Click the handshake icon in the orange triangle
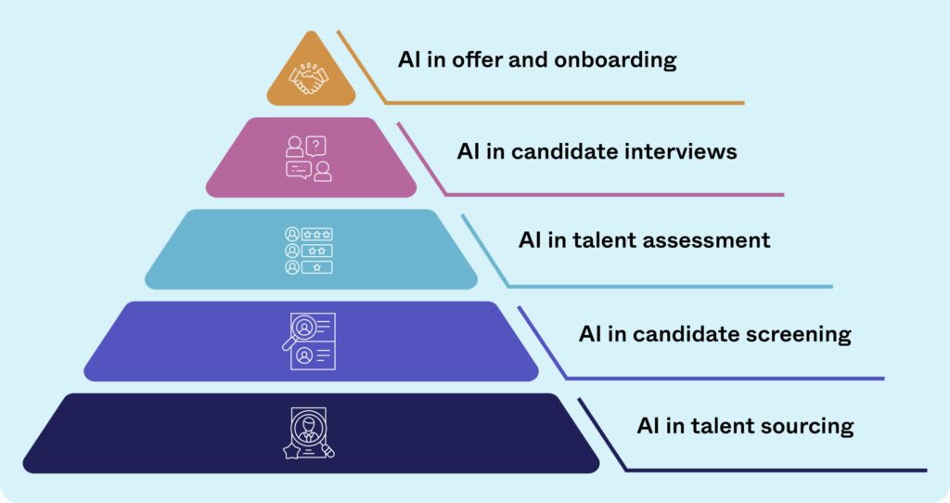pos(309,78)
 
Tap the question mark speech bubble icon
pos(315,146)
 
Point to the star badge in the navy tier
pos(291,450)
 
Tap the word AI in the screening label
pos(590,334)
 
